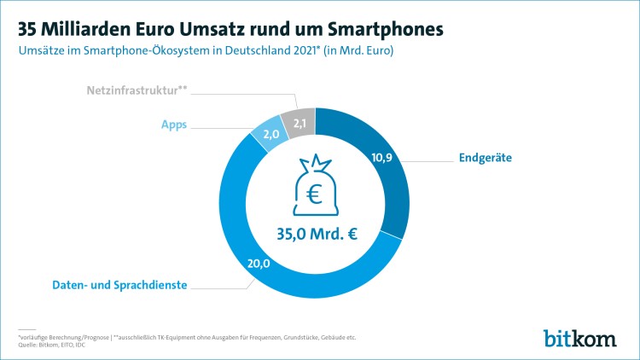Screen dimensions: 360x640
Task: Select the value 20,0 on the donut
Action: pyautogui.click(x=259, y=264)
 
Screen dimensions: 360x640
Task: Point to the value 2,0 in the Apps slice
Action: pyautogui.click(x=271, y=135)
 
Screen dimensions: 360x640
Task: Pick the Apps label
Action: pyautogui.click(x=174, y=125)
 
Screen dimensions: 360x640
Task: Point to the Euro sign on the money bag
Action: pyautogui.click(x=315, y=195)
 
